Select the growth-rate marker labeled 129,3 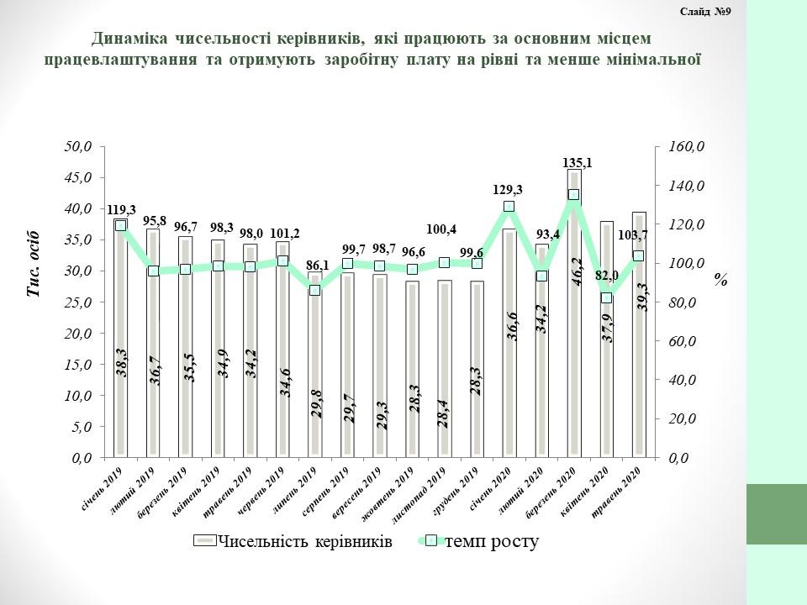[509, 207]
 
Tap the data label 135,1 [577, 163]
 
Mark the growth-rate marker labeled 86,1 [314, 290]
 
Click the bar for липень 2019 [314, 370]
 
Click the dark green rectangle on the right [777, 514]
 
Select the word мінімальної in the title [651, 60]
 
